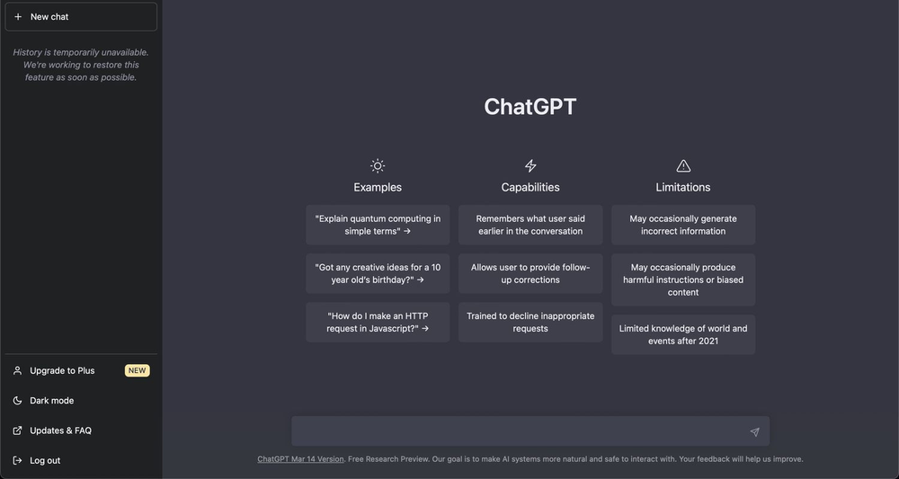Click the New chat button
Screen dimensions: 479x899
tap(80, 16)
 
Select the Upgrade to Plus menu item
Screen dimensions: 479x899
tap(62, 370)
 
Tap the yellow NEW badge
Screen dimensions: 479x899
tap(137, 370)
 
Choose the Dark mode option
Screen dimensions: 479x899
tap(52, 401)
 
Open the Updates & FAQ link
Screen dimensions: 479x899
tap(60, 430)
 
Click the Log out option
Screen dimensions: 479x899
tap(45, 460)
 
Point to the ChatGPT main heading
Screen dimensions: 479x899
tap(530, 106)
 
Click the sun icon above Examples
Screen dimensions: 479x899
tap(378, 165)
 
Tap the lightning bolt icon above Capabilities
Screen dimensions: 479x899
tap(530, 165)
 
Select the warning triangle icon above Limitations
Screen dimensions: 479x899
tap(683, 165)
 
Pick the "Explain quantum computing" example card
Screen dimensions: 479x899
tap(378, 225)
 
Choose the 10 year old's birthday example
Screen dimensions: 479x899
tap(378, 273)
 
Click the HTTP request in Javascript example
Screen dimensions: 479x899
tap(378, 322)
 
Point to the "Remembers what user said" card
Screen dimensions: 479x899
tap(530, 225)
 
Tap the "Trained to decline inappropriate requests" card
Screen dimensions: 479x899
tap(530, 322)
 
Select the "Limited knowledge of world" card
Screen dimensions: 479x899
tap(683, 334)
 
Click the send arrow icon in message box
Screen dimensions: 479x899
tap(754, 432)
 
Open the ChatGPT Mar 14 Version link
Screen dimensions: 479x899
tap(300, 459)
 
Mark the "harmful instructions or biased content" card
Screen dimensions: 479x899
tap(683, 279)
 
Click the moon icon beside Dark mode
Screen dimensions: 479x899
tap(17, 401)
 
